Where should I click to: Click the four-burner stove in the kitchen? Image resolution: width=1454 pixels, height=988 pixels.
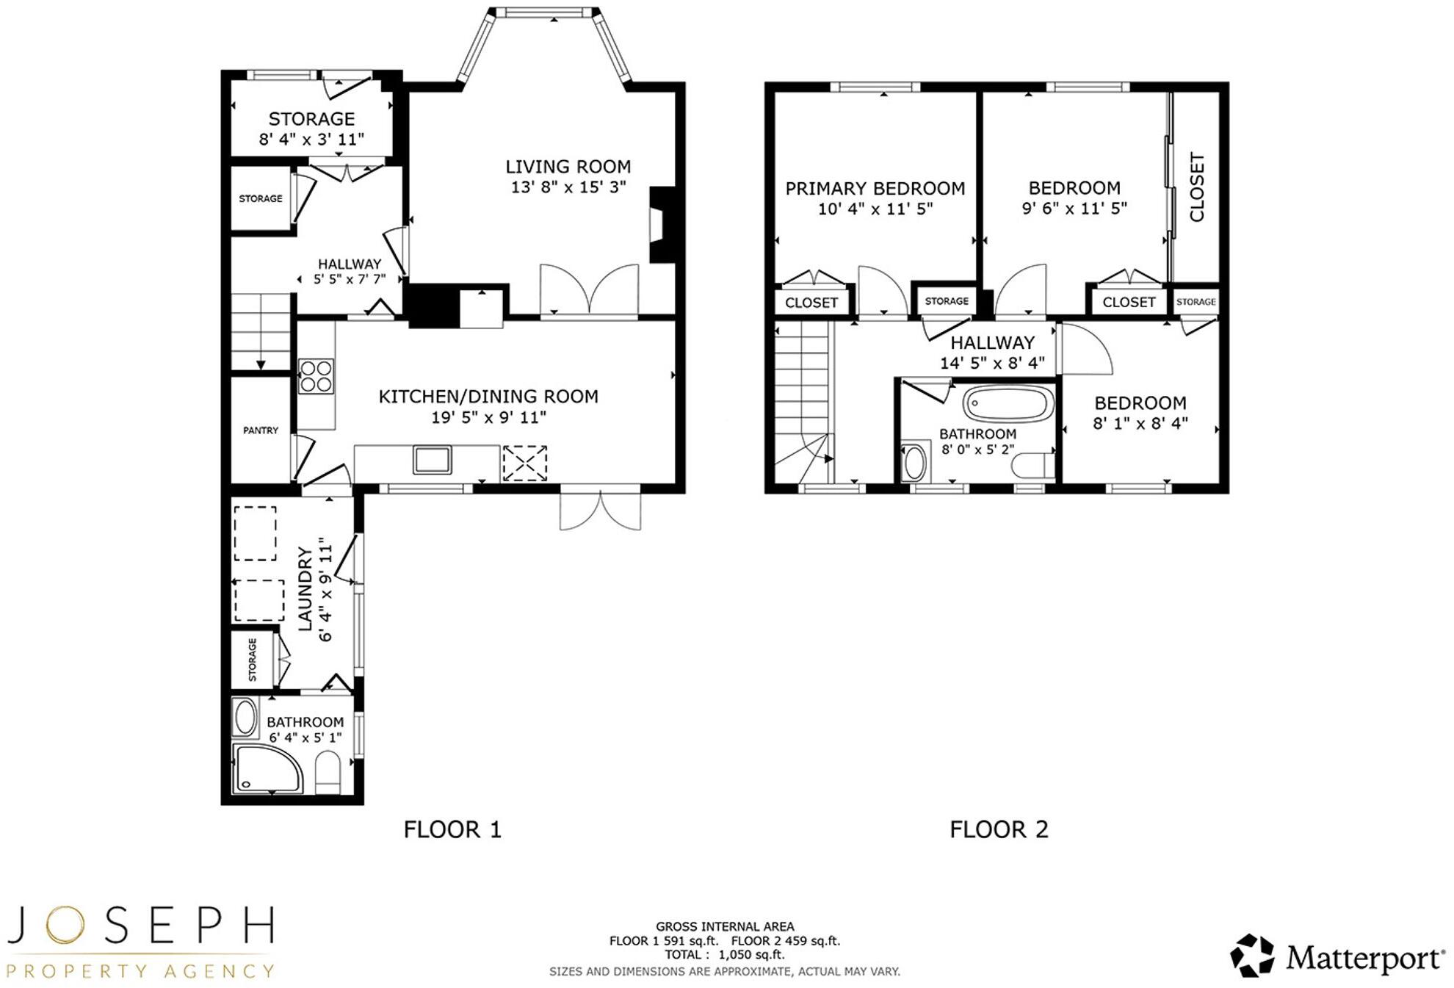click(316, 375)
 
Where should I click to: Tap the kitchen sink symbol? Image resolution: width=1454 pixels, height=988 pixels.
click(433, 460)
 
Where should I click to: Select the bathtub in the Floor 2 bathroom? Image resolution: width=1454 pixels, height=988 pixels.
click(1008, 404)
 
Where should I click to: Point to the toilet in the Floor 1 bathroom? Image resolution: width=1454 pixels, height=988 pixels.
click(328, 773)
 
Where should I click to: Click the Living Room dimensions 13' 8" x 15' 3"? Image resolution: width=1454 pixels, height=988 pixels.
click(568, 187)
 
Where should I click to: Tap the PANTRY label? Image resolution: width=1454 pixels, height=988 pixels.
click(261, 430)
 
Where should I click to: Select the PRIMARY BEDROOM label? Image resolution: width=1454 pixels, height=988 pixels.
click(875, 189)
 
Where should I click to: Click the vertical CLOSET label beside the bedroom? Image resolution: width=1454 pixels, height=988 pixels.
click(1196, 187)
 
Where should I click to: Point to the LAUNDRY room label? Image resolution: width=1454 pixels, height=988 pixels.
click(305, 588)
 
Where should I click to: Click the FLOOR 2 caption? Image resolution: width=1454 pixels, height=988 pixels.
click(999, 829)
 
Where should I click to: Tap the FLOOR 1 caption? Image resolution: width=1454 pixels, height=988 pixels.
click(452, 829)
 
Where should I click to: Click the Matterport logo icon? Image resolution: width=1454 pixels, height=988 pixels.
click(1252, 956)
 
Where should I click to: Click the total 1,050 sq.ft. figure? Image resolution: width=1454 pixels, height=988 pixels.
click(751, 955)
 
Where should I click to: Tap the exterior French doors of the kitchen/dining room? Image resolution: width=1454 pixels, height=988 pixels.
click(600, 509)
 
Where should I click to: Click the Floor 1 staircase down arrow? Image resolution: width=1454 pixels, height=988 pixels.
click(261, 364)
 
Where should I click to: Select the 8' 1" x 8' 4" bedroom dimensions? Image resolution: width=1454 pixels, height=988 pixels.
click(1140, 423)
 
